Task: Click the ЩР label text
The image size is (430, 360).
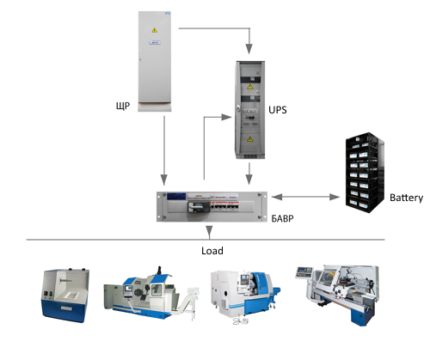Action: pos(123,106)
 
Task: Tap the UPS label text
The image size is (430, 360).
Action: pos(278,110)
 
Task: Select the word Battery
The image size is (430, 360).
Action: pos(406,198)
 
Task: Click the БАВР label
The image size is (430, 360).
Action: pos(282,219)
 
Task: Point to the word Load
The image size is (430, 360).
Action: pos(212,251)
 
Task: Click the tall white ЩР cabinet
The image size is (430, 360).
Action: pos(155,61)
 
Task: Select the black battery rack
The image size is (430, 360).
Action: pos(365,173)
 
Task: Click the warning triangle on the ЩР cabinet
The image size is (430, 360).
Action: pos(155,30)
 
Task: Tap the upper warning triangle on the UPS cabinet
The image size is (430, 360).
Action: pos(250,87)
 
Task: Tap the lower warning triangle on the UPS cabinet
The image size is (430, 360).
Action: pos(250,139)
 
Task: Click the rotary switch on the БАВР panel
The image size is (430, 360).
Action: pos(195,206)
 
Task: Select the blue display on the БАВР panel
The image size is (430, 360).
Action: pos(176,197)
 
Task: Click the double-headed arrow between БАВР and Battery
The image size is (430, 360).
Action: pos(305,197)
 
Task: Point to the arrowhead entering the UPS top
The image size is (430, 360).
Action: pos(249,49)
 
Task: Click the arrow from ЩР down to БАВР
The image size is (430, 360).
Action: pos(164,150)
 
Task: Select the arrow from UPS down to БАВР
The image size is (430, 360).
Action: pos(249,174)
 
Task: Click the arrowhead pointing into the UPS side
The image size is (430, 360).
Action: pos(226,117)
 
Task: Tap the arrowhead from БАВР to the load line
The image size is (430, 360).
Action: pos(209,232)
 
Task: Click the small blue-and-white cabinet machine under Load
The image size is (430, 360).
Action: pos(65,296)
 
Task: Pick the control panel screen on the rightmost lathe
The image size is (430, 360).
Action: pos(304,271)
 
